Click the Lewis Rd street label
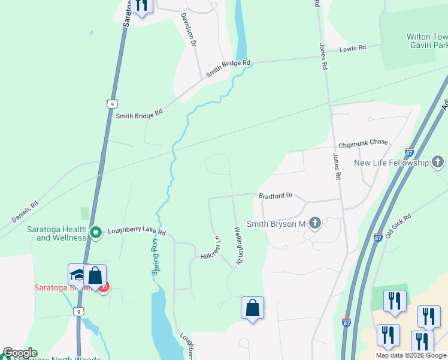353,48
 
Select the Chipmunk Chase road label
363,143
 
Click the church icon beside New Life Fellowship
438,162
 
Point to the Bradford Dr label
275,196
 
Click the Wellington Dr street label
238,245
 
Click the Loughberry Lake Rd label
136,232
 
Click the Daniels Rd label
25,212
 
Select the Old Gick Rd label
398,226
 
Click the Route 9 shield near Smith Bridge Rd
111,104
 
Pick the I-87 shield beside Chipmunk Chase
410,152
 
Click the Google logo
19,353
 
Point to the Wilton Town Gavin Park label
426,41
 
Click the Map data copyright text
411,355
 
